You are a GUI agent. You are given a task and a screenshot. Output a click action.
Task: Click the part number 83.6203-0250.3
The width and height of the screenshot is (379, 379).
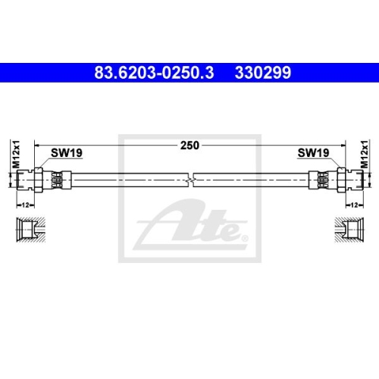(154, 73)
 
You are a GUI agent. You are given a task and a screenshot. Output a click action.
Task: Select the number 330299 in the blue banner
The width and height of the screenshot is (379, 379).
(263, 73)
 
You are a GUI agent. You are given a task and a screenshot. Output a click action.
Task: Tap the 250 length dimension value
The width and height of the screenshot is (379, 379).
(189, 146)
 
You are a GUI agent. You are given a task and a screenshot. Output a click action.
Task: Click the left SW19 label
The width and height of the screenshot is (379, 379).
(67, 152)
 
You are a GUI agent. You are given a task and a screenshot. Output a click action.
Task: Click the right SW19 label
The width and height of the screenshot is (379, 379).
(313, 152)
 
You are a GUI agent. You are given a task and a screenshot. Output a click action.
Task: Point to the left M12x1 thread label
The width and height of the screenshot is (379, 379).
(16, 154)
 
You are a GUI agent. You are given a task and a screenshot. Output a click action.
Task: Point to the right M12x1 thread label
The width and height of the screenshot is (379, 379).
(365, 154)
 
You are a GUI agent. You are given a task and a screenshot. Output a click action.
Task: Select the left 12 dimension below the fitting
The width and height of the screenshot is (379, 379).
(25, 205)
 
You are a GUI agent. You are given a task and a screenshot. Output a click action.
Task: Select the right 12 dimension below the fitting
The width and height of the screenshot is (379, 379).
(355, 205)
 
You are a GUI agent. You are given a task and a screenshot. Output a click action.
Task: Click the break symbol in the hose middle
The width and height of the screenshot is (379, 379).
(191, 180)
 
